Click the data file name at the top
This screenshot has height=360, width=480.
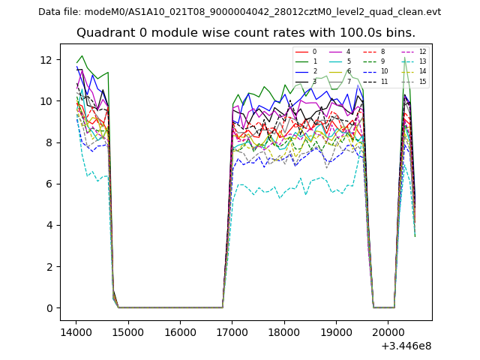[x=239, y=12]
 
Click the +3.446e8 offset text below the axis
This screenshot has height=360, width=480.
[x=406, y=346]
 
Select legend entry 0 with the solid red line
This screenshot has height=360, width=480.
[x=314, y=52]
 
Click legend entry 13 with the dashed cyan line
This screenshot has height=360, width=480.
[x=422, y=61]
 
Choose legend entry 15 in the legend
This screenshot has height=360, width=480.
[x=422, y=82]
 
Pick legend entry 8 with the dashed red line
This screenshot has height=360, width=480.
[x=382, y=52]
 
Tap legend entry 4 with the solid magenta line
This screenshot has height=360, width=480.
[x=348, y=52]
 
